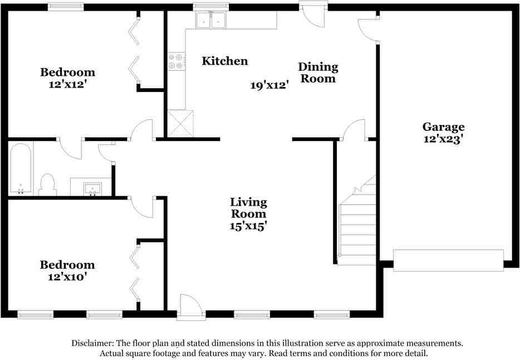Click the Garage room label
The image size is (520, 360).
click(x=443, y=127)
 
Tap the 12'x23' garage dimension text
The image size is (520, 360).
click(x=443, y=140)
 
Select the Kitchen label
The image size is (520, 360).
click(x=225, y=61)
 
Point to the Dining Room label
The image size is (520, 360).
click(x=319, y=73)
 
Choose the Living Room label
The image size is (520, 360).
click(x=249, y=208)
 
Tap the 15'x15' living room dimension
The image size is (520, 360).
click(x=249, y=226)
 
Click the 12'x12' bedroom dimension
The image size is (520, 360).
click(x=67, y=85)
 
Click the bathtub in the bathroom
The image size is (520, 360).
click(x=21, y=169)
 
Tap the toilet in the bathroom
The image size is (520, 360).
click(x=48, y=184)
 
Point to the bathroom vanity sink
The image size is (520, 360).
click(x=92, y=188)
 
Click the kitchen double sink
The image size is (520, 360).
click(x=211, y=21)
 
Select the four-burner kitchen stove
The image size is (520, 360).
click(x=176, y=61)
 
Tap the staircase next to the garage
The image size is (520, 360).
click(x=356, y=223)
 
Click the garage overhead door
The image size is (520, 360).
click(x=448, y=260)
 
